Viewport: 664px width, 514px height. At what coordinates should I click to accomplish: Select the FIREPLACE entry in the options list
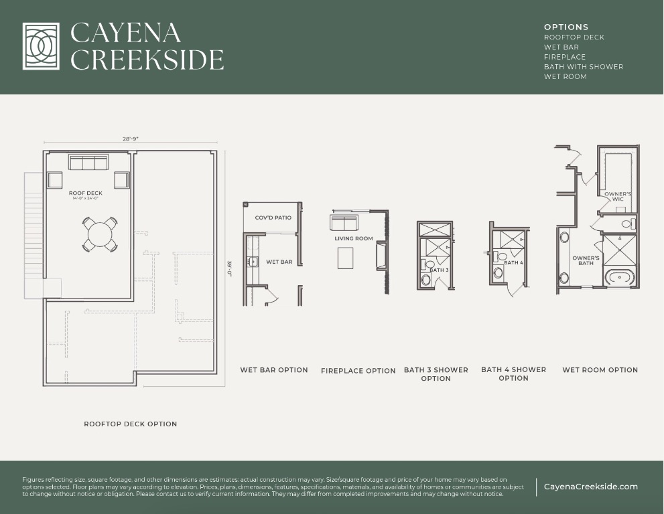point(565,57)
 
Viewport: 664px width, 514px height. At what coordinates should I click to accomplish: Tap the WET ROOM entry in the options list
point(565,76)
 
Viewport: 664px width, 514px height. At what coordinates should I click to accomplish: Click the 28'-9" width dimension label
point(130,139)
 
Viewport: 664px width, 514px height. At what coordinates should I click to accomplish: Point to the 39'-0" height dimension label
point(228,269)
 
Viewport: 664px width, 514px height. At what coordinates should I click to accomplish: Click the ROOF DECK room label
point(86,193)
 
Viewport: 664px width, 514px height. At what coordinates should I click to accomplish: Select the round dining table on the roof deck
point(100,235)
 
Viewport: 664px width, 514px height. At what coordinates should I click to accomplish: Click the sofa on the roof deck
point(88,163)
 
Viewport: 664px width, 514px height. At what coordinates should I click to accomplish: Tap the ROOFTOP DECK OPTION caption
point(131,424)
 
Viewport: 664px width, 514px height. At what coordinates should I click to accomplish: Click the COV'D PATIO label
point(273,218)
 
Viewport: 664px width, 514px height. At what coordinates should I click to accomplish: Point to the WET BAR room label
point(279,262)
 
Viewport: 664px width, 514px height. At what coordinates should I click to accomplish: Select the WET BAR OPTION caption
point(274,370)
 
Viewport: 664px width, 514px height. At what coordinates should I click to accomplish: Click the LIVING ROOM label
point(354,238)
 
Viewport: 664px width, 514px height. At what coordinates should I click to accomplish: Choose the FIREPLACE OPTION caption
point(358,371)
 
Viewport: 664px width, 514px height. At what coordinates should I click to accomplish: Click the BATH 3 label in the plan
point(439,270)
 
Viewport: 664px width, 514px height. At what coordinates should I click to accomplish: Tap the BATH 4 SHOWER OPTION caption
point(513,373)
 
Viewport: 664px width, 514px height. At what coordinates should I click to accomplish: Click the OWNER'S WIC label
point(618,196)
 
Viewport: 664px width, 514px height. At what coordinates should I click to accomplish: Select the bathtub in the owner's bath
point(618,276)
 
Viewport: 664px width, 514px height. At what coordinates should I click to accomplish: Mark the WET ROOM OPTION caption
point(600,370)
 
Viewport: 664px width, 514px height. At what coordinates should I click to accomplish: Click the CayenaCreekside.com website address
point(590,487)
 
